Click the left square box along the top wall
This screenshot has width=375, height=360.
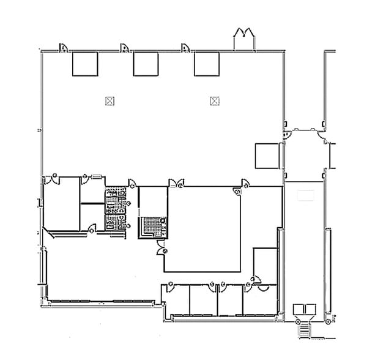point(85,64)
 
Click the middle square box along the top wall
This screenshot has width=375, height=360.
point(146,64)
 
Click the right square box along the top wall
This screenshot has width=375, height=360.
point(207,64)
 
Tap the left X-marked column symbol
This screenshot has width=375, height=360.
point(110,100)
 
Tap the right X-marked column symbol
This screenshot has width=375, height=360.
point(214,100)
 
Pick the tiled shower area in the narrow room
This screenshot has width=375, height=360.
point(151,227)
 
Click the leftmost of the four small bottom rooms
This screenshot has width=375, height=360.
point(176,301)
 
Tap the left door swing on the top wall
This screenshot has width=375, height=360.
point(63,48)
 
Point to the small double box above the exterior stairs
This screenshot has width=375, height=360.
point(303,309)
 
